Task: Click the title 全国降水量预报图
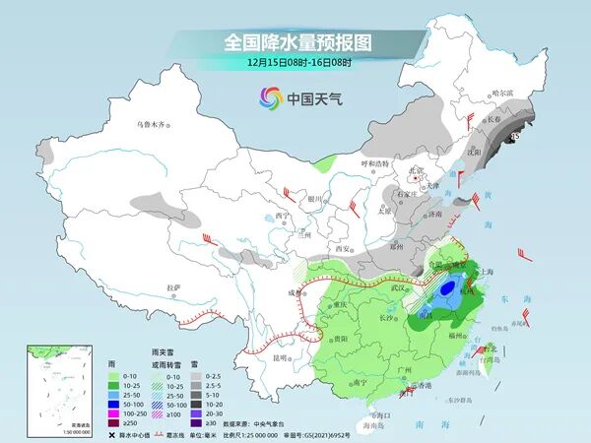(x=295, y=42)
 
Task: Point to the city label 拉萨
(x=173, y=286)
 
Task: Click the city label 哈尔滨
(x=502, y=92)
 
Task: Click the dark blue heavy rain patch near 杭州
(x=450, y=289)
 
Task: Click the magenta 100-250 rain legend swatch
(x=114, y=415)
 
